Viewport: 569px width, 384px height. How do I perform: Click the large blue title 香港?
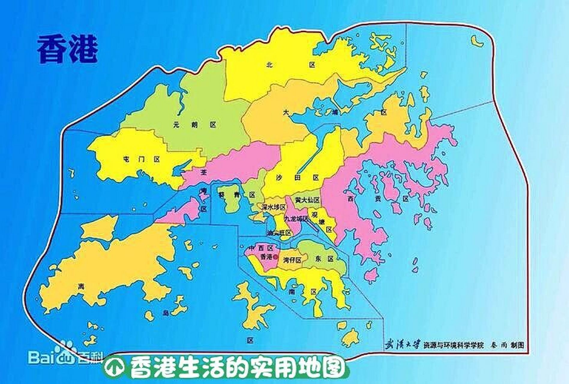coord(67,49)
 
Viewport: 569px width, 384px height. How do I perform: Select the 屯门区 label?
coord(141,159)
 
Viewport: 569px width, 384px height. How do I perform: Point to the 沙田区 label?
coord(297,178)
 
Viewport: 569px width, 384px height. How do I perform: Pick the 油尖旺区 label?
coord(279,233)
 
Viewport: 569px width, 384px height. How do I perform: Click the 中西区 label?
coord(261,248)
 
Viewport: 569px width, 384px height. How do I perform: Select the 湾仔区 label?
coord(292,260)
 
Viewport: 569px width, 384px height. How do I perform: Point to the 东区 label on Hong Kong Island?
coord(324,259)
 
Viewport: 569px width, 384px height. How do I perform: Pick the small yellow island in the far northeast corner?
coord(477,41)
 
